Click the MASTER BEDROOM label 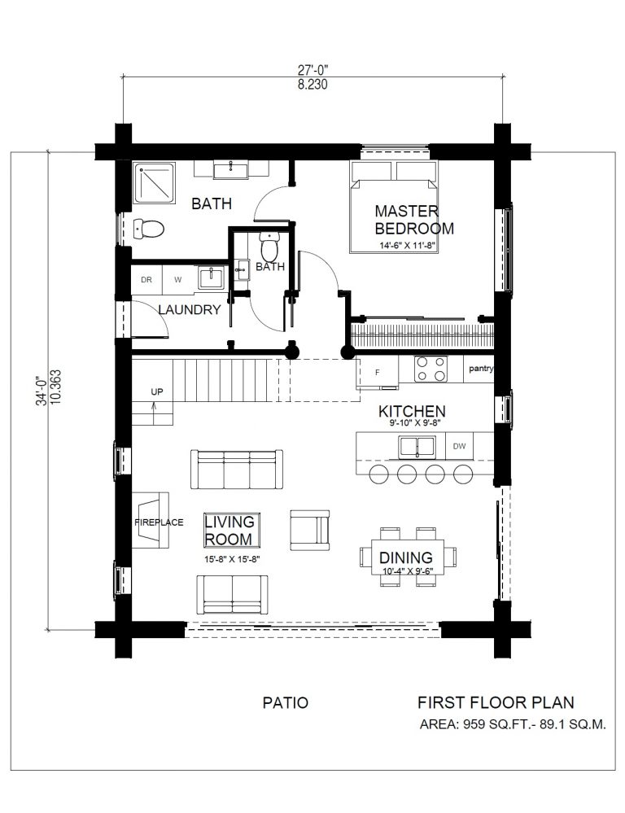(x=414, y=220)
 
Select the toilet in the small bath (x=269, y=247)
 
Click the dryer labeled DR (x=146, y=280)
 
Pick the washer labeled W (x=178, y=280)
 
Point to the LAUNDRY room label (x=190, y=310)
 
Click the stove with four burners (x=431, y=369)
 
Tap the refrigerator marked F (x=377, y=372)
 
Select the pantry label (x=480, y=369)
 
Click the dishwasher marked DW (x=459, y=446)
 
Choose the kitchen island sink (x=417, y=447)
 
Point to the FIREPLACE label (x=159, y=522)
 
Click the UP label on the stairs (x=156, y=392)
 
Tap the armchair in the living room (x=309, y=530)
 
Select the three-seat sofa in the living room (x=237, y=470)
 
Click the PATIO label (x=286, y=702)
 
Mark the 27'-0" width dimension (x=312, y=69)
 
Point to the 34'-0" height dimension (x=42, y=391)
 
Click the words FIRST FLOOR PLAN (x=496, y=702)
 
